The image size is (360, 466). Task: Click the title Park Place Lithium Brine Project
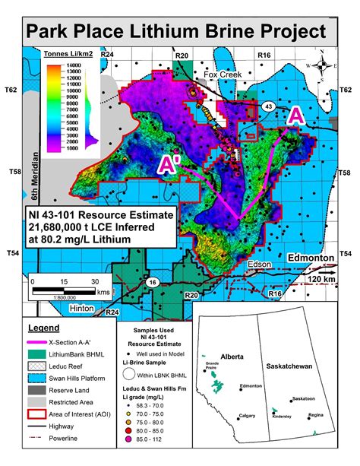pos(179,33)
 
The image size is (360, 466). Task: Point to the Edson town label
pos(258,264)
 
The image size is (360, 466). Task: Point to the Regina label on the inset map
pos(317,416)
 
